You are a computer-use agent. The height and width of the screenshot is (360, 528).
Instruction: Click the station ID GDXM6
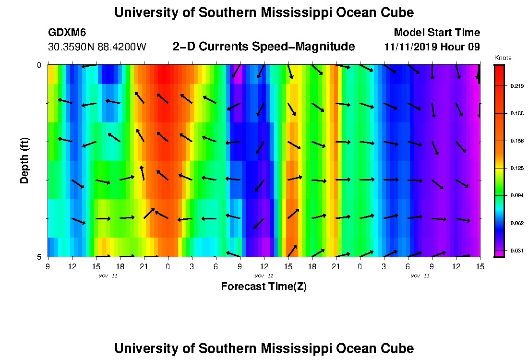coord(67,33)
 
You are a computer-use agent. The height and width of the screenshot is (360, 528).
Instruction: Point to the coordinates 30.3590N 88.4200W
coord(97,48)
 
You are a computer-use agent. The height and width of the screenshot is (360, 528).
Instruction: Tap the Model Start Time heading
coord(436,33)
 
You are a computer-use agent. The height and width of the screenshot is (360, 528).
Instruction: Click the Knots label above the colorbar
coord(503,58)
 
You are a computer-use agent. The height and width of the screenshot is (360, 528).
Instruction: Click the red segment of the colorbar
coord(499,77)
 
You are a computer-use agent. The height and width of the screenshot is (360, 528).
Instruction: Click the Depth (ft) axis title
coord(25,160)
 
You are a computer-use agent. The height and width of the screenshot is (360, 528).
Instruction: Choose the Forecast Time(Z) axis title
coord(264,287)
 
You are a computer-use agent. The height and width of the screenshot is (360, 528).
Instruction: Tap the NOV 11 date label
coord(108,276)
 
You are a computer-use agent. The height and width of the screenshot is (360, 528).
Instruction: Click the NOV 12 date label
coord(264,276)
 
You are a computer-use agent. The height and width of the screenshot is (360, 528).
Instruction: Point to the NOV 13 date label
coord(420,276)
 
